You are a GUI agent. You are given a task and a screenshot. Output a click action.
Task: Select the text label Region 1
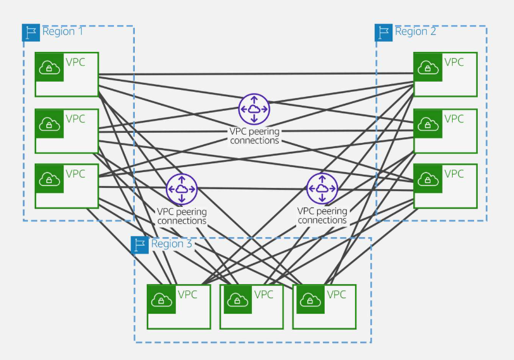63,32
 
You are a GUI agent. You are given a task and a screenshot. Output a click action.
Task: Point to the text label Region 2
415,32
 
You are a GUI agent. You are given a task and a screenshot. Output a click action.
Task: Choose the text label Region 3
172,244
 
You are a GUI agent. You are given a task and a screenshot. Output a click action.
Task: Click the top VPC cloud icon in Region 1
49,67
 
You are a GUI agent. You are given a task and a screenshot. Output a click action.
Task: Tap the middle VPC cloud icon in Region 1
49,123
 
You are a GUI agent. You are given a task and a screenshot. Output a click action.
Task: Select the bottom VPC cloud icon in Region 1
49,178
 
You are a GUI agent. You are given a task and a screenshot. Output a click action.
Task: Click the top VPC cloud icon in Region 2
428,67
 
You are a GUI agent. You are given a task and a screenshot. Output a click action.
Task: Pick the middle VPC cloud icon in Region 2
428,123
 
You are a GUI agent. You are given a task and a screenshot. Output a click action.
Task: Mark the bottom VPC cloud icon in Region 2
428,178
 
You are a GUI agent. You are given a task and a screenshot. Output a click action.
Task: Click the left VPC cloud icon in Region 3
161,299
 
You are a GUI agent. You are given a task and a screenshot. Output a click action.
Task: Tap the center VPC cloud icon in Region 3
234,299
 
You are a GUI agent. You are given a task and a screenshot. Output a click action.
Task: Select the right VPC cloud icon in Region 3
307,299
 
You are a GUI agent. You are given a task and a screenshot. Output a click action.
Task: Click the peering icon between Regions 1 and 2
254,109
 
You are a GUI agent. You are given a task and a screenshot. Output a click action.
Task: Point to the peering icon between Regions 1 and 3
182,189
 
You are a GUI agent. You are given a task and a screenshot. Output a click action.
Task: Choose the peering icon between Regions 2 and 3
322,189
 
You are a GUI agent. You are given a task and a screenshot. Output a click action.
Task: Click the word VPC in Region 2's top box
454,62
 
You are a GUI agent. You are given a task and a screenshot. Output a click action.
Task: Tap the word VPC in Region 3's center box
263,294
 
